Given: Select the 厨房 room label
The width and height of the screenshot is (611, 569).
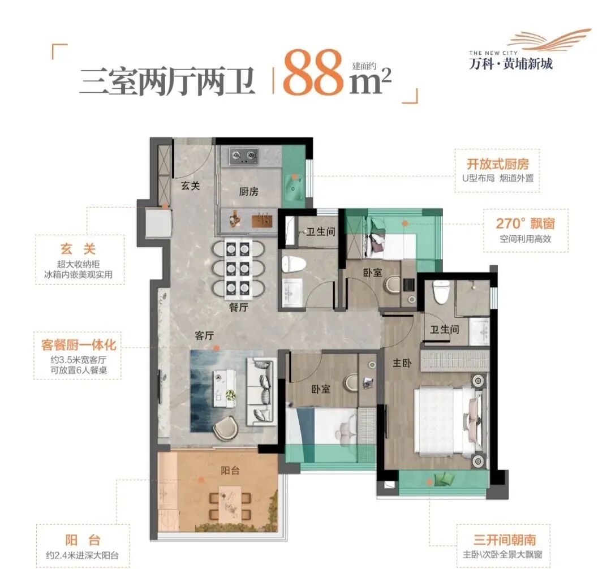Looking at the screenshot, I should pos(248,192).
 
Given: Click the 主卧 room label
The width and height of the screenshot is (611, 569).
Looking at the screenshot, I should pos(402,363).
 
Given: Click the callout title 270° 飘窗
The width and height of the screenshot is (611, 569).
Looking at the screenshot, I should pos(525,223).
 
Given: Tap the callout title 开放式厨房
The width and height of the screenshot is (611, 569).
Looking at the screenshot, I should pos(497,164).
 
